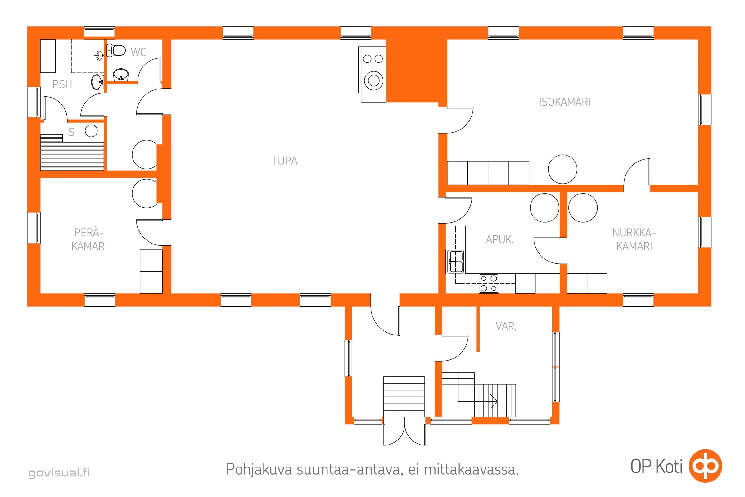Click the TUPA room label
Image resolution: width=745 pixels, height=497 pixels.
(x=284, y=161)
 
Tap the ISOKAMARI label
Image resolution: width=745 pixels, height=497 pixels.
(x=564, y=102)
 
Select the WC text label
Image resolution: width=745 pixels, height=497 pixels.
(x=138, y=52)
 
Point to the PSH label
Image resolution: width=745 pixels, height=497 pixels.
(x=62, y=84)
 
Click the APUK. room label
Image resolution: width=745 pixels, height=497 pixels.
(x=500, y=239)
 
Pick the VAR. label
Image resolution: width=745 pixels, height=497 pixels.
(x=506, y=326)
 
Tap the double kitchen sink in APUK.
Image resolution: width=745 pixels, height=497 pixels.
(x=455, y=262)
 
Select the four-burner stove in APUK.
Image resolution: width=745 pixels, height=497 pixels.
(x=489, y=283)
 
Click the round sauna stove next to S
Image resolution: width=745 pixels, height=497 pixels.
(x=91, y=130)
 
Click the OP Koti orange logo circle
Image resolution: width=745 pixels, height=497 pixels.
(x=706, y=466)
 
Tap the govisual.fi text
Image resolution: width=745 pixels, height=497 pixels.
(x=59, y=472)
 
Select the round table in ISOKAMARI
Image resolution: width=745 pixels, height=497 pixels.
(x=562, y=169)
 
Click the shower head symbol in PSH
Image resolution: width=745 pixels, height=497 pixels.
(x=99, y=56)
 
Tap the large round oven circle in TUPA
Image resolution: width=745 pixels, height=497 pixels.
(x=374, y=80)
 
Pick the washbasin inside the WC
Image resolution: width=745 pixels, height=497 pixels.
(x=121, y=75)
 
